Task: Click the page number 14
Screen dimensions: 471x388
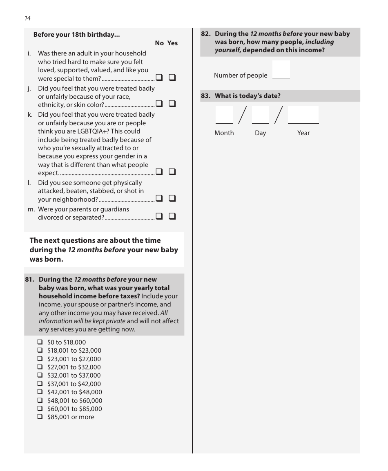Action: click(x=27, y=18)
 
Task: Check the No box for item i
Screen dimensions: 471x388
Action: click(x=159, y=78)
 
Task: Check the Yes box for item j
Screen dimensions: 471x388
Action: click(x=172, y=104)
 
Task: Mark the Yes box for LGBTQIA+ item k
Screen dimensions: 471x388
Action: click(x=172, y=172)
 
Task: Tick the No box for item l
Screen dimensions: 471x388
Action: click(x=159, y=198)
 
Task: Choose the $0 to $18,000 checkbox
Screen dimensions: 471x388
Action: click(x=40, y=342)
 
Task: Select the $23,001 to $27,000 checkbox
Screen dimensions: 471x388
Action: click(x=40, y=359)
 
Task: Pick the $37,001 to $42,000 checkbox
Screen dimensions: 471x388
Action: click(x=40, y=384)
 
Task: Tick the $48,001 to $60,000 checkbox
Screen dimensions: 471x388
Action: click(x=40, y=400)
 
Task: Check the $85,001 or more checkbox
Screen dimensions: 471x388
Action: click(x=40, y=417)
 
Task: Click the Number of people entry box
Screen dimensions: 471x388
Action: click(x=281, y=69)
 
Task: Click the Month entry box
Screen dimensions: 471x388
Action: click(x=224, y=115)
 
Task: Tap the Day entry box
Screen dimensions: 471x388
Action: click(x=261, y=115)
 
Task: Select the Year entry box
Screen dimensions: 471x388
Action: click(x=303, y=115)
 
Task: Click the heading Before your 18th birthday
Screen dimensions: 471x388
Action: click(x=76, y=35)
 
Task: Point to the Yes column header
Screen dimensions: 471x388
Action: click(x=173, y=43)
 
